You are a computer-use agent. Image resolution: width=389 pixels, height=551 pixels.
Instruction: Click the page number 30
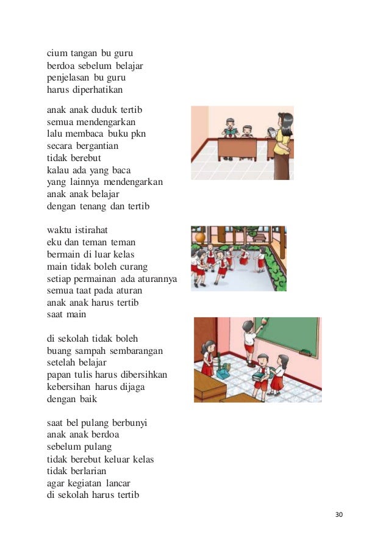pos(340,514)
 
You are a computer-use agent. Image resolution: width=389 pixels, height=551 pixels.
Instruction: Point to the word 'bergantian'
pos(94,146)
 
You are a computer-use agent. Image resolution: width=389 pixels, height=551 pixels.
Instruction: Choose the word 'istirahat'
pos(90,230)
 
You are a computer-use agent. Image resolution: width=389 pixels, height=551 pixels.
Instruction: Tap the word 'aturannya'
pos(157,279)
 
